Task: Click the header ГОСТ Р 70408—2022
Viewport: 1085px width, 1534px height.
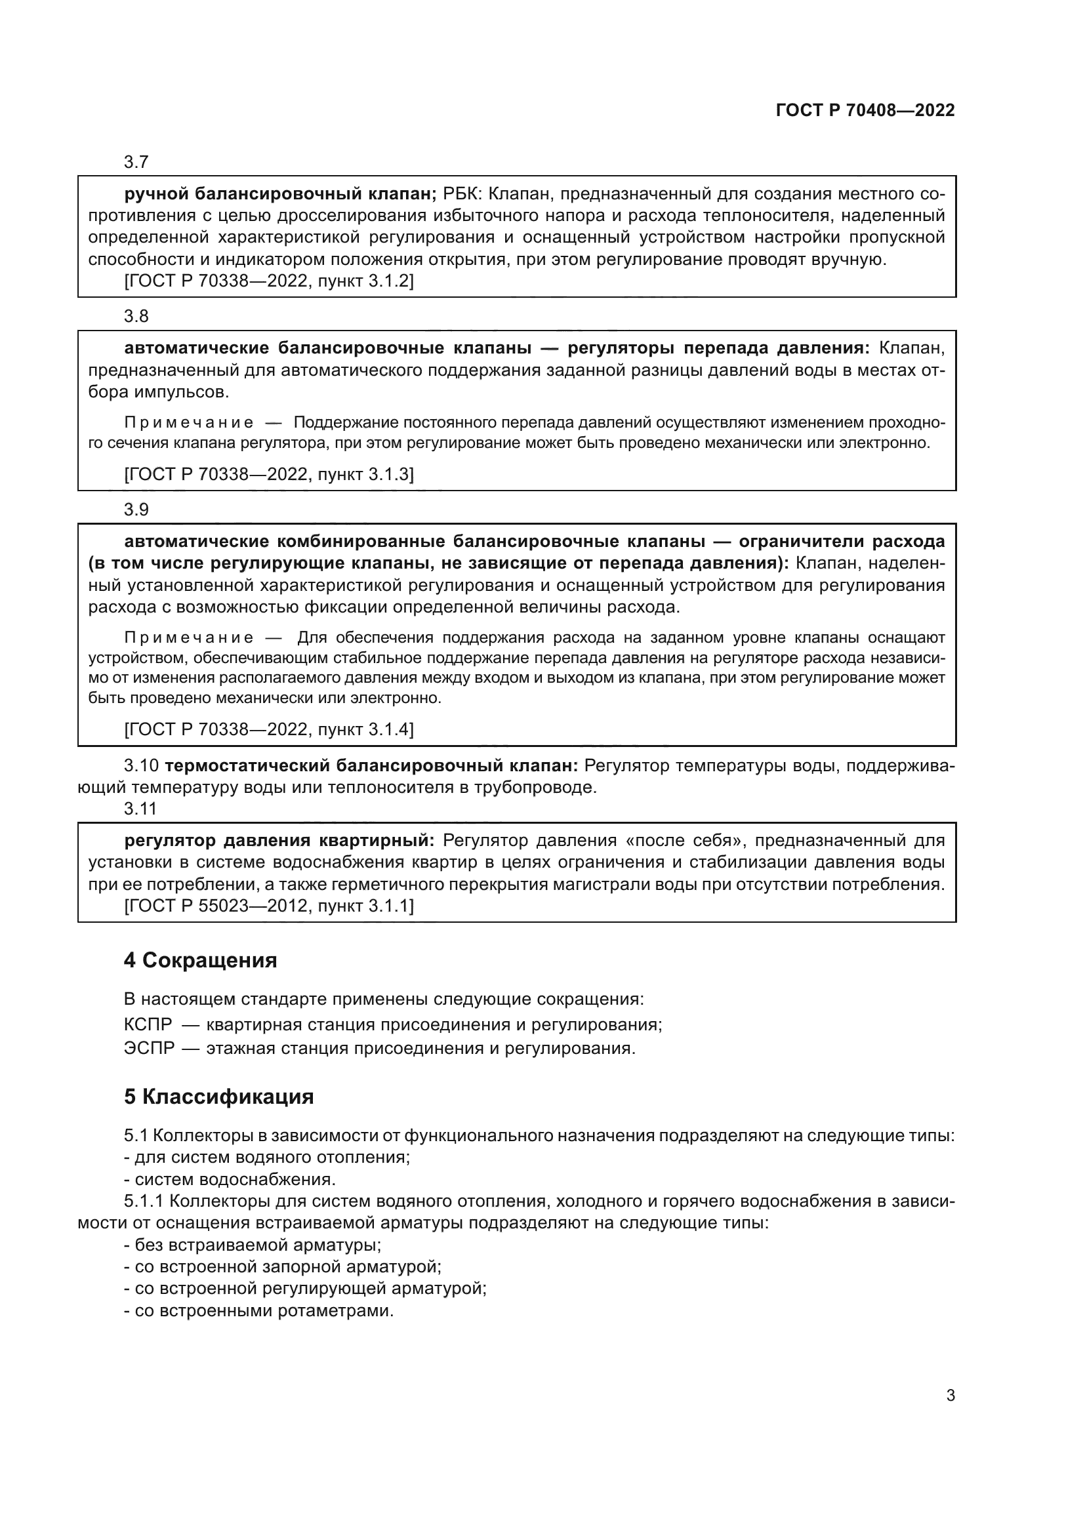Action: click(865, 111)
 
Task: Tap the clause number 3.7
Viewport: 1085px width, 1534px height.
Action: click(136, 162)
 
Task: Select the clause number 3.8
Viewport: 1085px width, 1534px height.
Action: click(136, 316)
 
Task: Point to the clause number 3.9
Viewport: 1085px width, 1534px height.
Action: click(136, 510)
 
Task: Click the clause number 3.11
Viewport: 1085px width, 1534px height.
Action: click(140, 809)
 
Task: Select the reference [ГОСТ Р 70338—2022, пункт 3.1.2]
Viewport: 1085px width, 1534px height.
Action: click(268, 281)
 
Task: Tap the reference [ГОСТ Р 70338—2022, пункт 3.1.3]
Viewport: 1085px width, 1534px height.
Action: click(268, 474)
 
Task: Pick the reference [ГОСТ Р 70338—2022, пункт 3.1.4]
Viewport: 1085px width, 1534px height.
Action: click(268, 729)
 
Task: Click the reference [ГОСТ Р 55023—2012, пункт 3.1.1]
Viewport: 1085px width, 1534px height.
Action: click(268, 906)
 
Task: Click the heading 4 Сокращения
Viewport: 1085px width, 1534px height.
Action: click(200, 961)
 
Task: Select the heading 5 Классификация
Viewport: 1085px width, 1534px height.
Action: click(218, 1097)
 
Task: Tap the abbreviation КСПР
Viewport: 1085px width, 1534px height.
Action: click(148, 1024)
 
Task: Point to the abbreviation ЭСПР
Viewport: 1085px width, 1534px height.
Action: click(148, 1047)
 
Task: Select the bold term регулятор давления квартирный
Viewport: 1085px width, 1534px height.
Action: click(279, 841)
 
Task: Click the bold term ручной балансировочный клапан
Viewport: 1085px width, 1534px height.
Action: click(280, 193)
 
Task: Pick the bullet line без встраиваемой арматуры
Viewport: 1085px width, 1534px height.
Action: click(253, 1245)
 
